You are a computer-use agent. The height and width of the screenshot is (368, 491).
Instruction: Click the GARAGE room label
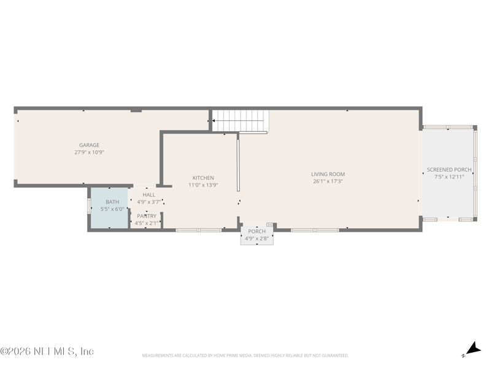pyautogui.click(x=89, y=145)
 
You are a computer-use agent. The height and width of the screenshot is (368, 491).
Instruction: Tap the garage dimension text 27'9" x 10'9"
pyautogui.click(x=89, y=152)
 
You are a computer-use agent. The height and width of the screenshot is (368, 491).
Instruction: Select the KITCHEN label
pyautogui.click(x=203, y=178)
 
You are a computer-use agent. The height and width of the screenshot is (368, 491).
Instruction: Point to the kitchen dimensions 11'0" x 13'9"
pyautogui.click(x=203, y=185)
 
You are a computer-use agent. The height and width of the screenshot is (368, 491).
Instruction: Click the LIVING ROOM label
pyautogui.click(x=328, y=174)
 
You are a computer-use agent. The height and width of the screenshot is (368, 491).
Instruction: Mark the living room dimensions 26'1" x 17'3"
pyautogui.click(x=328, y=181)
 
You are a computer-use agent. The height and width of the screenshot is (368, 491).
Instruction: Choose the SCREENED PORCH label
pyautogui.click(x=449, y=169)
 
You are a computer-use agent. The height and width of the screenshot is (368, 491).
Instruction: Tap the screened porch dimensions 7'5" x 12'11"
pyautogui.click(x=449, y=176)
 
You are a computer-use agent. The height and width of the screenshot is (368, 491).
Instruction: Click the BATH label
pyautogui.click(x=112, y=202)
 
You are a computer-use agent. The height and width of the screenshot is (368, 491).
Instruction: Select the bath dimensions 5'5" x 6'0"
pyautogui.click(x=112, y=209)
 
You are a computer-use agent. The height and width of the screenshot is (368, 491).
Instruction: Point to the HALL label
pyautogui.click(x=149, y=194)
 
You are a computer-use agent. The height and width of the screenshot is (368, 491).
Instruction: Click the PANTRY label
pyautogui.click(x=147, y=216)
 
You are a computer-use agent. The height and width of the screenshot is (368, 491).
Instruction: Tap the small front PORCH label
pyautogui.click(x=257, y=231)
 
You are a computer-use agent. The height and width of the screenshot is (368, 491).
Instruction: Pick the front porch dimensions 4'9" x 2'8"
pyautogui.click(x=257, y=238)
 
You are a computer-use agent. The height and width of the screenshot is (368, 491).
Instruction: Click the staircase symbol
pyautogui.click(x=241, y=120)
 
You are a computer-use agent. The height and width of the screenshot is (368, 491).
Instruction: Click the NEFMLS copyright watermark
pyautogui.click(x=47, y=351)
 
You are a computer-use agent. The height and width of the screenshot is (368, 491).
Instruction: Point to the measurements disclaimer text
pyautogui.click(x=245, y=355)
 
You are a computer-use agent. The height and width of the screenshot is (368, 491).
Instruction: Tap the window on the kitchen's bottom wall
pyautogui.click(x=198, y=230)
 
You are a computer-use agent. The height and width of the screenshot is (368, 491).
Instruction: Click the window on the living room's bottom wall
pyautogui.click(x=315, y=230)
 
